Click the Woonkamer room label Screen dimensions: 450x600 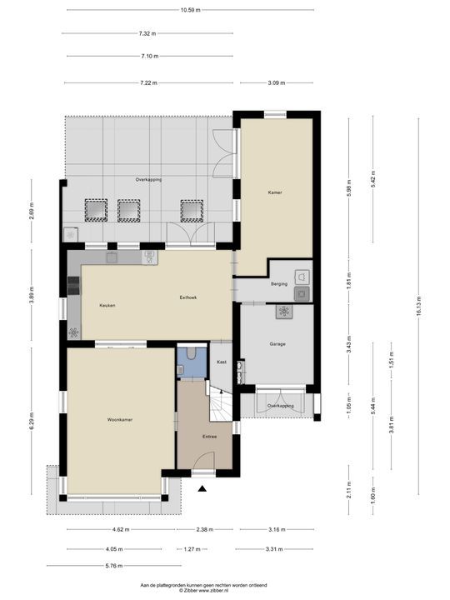coord(120,420)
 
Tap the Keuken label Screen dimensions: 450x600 coord(107,305)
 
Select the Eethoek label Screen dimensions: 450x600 coord(187,297)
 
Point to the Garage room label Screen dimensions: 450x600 coord(277,344)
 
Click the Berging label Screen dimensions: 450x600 coord(279,284)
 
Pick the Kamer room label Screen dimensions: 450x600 coord(275,192)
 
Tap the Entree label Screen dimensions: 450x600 coord(210,437)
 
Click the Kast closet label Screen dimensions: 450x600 coord(222,362)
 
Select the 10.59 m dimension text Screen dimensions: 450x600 coord(191,10)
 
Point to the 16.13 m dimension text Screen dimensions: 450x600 coord(419,306)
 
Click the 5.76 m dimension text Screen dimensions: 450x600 coord(114,566)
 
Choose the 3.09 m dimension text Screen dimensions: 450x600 coord(277,82)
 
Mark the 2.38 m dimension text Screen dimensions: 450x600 coord(204,530)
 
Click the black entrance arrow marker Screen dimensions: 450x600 coord(202,488)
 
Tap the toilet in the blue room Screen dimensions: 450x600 coord(192,353)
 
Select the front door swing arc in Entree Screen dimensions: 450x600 coord(207,454)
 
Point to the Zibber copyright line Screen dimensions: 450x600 coord(203,591)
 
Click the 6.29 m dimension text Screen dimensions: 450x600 coord(32,421)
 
